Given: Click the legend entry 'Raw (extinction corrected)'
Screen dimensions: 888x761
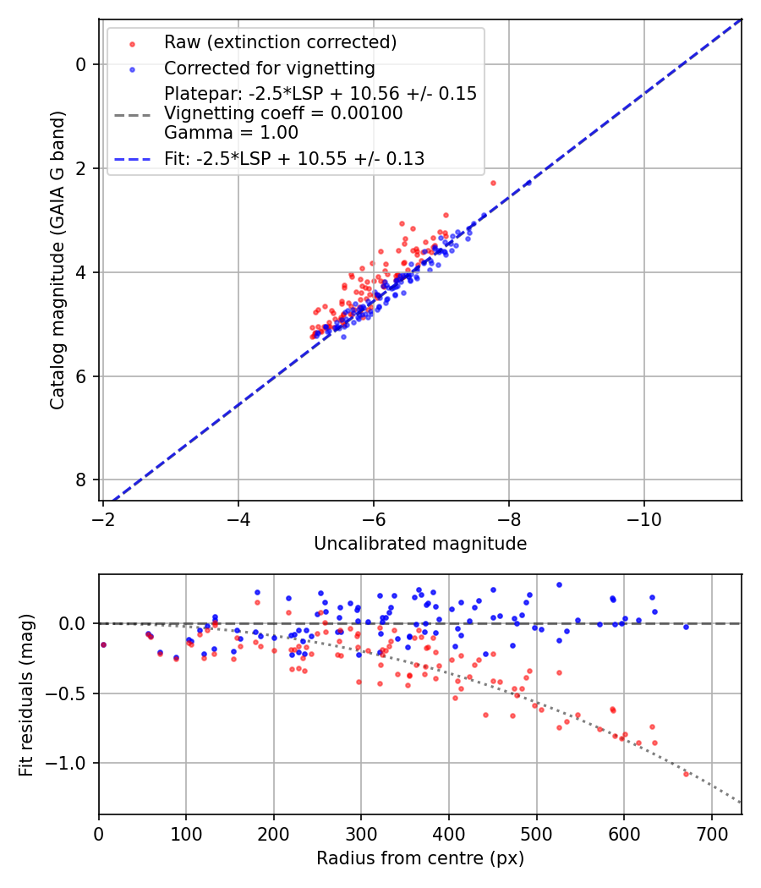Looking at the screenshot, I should tap(280, 42).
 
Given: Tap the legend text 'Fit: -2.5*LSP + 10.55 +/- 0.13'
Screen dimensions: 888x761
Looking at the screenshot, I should tap(294, 158).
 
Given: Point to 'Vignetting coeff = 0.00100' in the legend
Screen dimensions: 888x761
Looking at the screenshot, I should tap(283, 113).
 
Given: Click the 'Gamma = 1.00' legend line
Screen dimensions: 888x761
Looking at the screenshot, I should tap(231, 133).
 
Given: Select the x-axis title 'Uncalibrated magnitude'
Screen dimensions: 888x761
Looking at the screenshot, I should tap(420, 544).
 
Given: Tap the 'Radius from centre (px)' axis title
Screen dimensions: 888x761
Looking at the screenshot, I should tap(420, 858).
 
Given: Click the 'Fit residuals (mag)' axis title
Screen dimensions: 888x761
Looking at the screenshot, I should tap(26, 694).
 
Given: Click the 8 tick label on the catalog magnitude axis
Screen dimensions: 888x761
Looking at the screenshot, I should tap(82, 480).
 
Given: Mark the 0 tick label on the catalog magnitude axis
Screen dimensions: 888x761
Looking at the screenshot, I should tap(82, 64).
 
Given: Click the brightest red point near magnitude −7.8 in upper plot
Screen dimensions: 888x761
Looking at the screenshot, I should tap(493, 183).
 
